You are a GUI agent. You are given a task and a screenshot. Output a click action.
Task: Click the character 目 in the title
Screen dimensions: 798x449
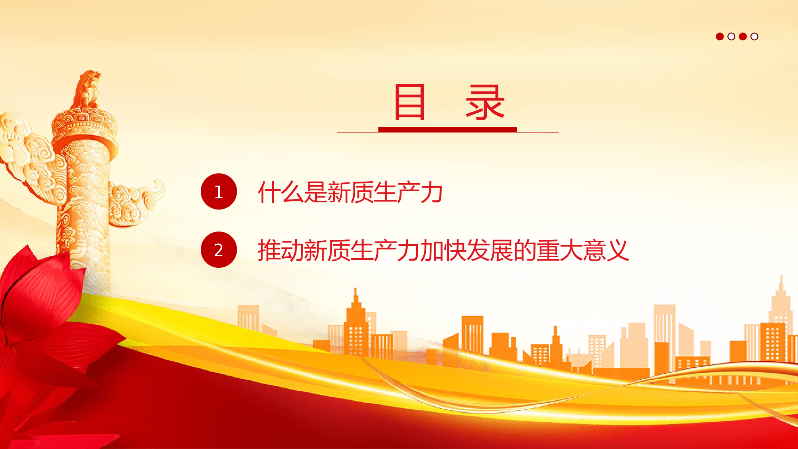[x=409, y=102]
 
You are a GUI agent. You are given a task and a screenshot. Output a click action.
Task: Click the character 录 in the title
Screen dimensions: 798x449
[x=485, y=102]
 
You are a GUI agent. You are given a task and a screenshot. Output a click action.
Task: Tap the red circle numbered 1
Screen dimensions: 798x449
[x=219, y=192]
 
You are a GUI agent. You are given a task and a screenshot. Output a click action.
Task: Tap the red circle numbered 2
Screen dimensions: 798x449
[x=219, y=250]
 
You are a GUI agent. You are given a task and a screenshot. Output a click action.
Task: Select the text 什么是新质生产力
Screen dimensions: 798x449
[x=350, y=192]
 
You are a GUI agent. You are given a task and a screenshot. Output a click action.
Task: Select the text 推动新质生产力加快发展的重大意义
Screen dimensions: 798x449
[x=443, y=250]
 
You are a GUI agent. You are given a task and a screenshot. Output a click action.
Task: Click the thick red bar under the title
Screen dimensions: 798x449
[x=448, y=130]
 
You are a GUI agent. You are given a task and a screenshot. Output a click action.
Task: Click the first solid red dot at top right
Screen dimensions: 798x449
[x=720, y=37]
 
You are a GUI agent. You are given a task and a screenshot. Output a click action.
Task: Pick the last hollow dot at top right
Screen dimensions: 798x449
[x=754, y=37]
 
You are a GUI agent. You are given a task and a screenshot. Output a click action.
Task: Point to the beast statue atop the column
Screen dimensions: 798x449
[x=87, y=89]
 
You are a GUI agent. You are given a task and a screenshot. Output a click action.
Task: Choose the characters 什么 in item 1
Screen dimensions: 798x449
[x=281, y=192]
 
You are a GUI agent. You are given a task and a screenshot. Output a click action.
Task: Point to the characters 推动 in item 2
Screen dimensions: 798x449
[x=281, y=250]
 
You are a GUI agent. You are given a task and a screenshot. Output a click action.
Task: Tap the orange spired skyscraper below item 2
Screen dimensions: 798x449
[x=356, y=323]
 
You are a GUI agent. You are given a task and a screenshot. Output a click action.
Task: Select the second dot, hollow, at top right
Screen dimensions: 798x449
[x=731, y=37]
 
